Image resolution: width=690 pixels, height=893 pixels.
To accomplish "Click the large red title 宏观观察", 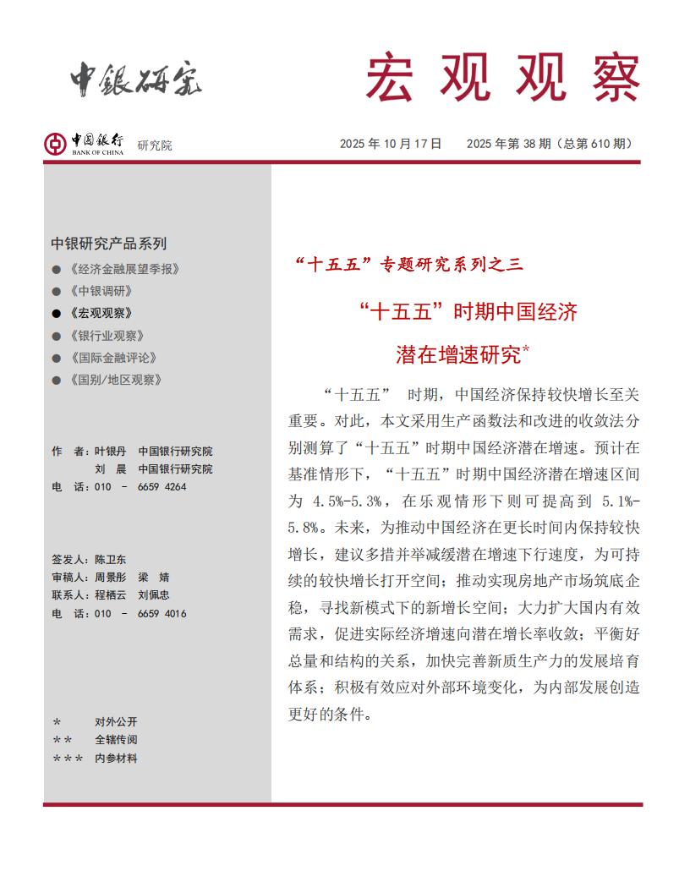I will pyautogui.click(x=502, y=78).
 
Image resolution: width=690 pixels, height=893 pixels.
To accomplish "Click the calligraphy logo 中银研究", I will pyautogui.click(x=136, y=79).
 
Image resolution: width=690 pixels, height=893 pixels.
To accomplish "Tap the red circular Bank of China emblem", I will pyautogui.click(x=56, y=144).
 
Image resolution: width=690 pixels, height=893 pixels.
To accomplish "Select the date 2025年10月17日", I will pyautogui.click(x=391, y=144).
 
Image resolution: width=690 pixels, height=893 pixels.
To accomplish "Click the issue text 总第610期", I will pyautogui.click(x=595, y=144).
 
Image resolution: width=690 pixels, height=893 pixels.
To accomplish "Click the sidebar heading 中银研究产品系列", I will pyautogui.click(x=108, y=244).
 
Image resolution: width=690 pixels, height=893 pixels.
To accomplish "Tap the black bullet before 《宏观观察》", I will pyautogui.click(x=57, y=313).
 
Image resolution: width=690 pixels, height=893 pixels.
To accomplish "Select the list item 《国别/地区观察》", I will pyautogui.click(x=117, y=380).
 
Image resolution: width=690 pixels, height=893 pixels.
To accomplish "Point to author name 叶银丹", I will pyautogui.click(x=110, y=452).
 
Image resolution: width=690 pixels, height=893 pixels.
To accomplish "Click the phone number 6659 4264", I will pyautogui.click(x=162, y=487).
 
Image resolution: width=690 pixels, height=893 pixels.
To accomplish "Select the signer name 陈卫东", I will pyautogui.click(x=111, y=560).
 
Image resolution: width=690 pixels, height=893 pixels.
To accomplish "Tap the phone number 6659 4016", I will pyautogui.click(x=162, y=614).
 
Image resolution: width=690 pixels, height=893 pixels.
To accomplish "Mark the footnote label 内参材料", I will pyautogui.click(x=116, y=759).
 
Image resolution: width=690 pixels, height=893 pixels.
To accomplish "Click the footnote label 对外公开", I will pyautogui.click(x=116, y=722).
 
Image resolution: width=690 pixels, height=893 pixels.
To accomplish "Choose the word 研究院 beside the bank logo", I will pyautogui.click(x=154, y=145).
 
